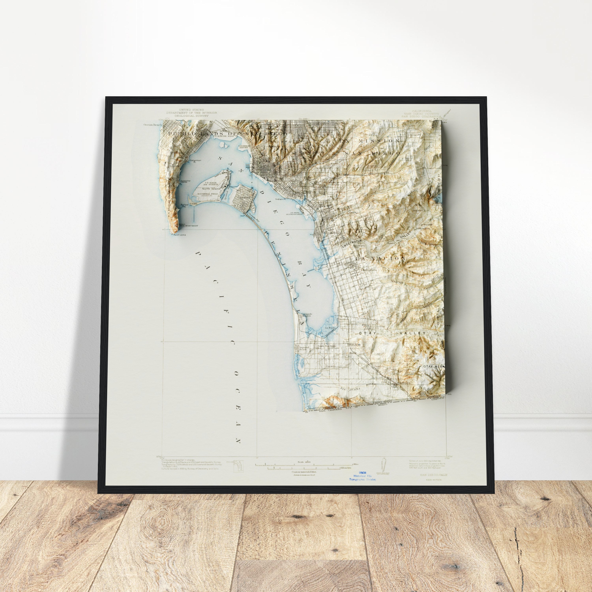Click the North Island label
[211, 189]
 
